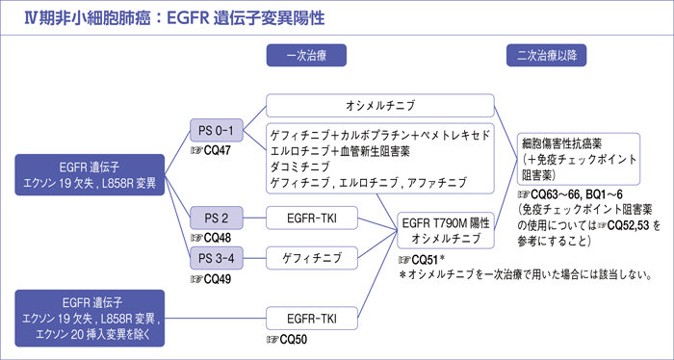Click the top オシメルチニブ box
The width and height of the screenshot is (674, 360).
coord(379,105)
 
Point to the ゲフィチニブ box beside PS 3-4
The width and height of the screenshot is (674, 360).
coord(313,260)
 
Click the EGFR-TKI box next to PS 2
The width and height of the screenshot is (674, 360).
coord(313,218)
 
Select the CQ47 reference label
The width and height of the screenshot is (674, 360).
coord(211,152)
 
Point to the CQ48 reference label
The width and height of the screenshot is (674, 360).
coord(211,237)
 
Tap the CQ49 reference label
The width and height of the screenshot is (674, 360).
coord(211,279)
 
